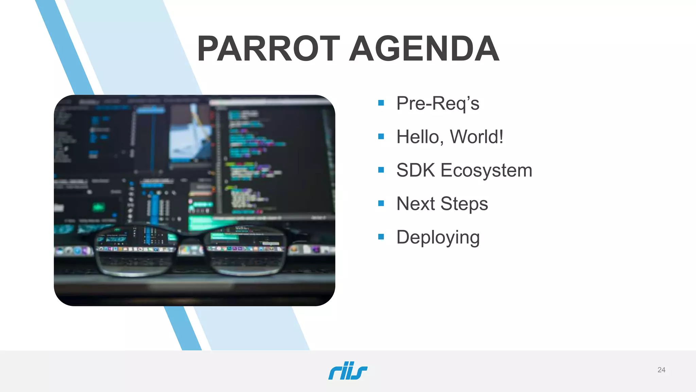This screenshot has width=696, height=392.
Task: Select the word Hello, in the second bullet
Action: (420, 137)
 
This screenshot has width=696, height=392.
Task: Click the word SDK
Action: (415, 170)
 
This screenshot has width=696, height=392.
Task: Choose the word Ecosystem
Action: (486, 170)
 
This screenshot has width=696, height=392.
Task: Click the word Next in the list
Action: (415, 204)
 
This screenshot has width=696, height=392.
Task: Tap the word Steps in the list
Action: (464, 204)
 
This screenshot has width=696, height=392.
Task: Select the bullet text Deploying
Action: (438, 237)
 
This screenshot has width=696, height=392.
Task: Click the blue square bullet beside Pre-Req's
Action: (381, 103)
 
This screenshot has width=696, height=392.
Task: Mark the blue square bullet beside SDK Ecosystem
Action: (381, 170)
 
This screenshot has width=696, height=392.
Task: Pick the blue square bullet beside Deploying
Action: (381, 237)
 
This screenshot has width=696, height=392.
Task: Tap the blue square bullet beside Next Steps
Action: (381, 203)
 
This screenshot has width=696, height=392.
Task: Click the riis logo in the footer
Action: (348, 371)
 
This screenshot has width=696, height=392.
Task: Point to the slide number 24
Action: (661, 370)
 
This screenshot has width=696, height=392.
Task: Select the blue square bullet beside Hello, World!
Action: (381, 136)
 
